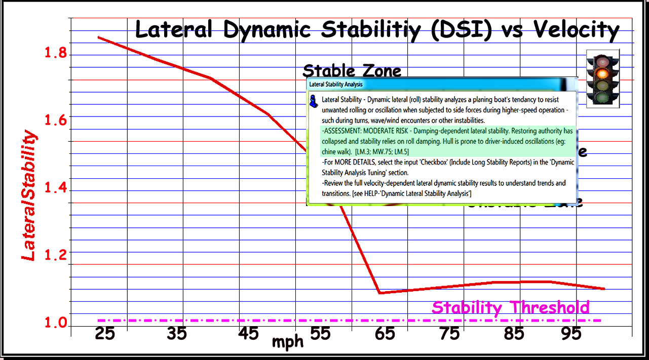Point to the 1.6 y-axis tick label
[56, 120]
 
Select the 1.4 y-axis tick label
[56, 189]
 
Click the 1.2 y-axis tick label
[56, 255]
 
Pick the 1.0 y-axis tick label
[56, 322]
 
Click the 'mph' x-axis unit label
[288, 342]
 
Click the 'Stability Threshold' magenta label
[511, 307]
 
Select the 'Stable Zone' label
[352, 71]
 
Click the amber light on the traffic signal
[602, 74]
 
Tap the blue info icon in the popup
[314, 101]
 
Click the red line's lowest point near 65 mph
[379, 293]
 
